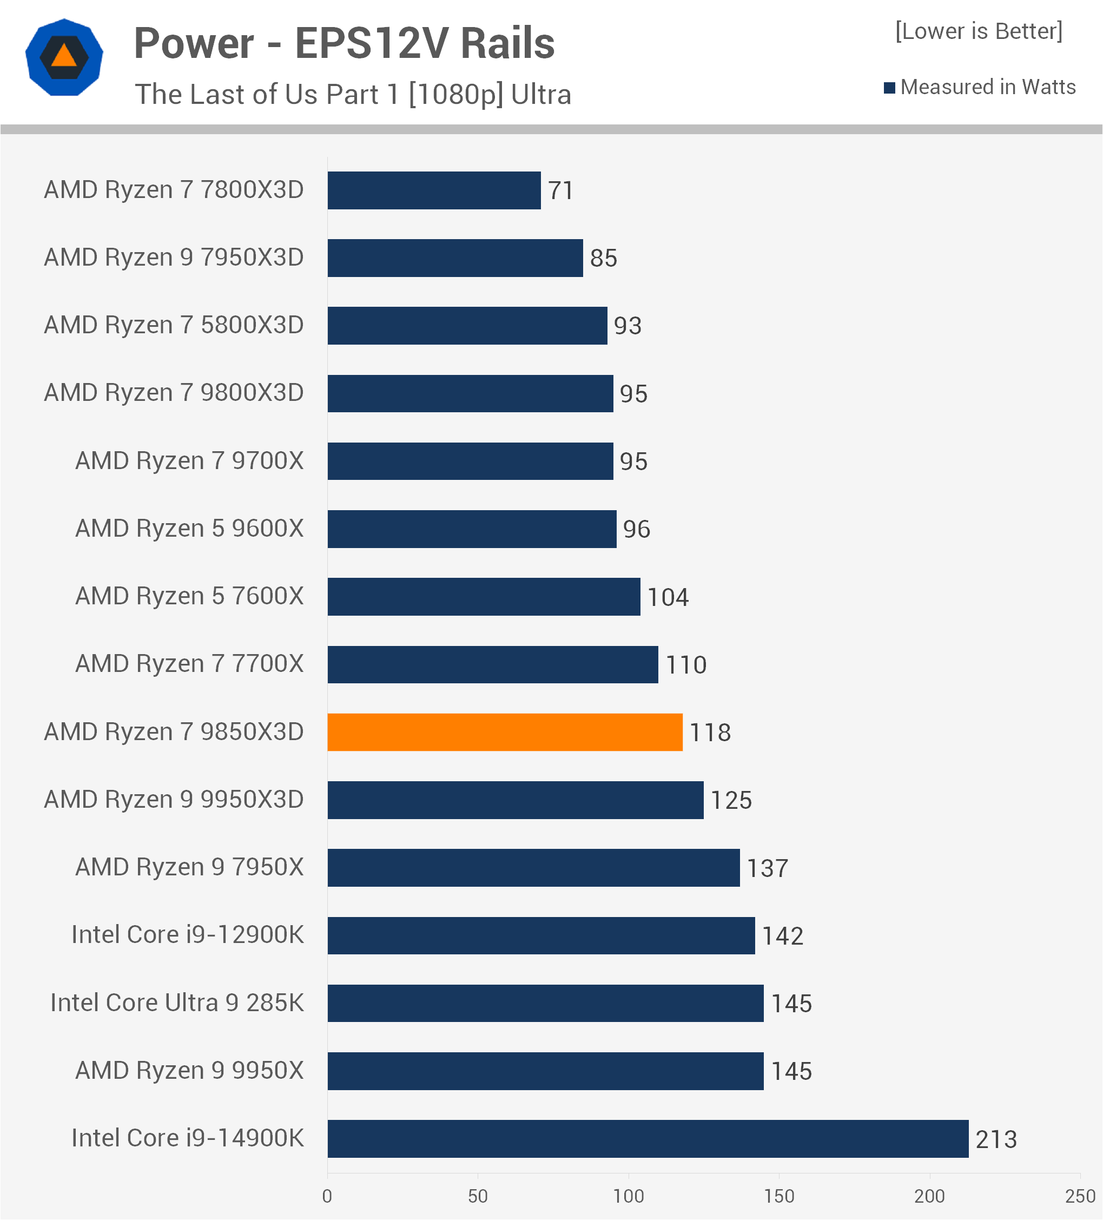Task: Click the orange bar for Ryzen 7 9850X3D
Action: pyautogui.click(x=505, y=732)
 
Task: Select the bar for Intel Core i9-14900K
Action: pyautogui.click(x=648, y=1138)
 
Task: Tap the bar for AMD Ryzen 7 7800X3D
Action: pyautogui.click(x=434, y=190)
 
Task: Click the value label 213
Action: pyautogui.click(x=996, y=1139)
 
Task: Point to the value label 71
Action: pyautogui.click(x=560, y=190)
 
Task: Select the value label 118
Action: pyautogui.click(x=710, y=733)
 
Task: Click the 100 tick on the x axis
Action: pyautogui.click(x=628, y=1196)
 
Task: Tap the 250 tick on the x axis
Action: pyautogui.click(x=1080, y=1196)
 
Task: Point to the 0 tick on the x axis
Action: pyautogui.click(x=327, y=1196)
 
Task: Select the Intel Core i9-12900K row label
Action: pyautogui.click(x=188, y=934)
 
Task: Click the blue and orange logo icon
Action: pyautogui.click(x=64, y=57)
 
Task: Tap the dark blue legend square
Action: pyautogui.click(x=889, y=88)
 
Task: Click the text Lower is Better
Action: pyautogui.click(x=979, y=31)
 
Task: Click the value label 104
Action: pyautogui.click(x=668, y=597)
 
